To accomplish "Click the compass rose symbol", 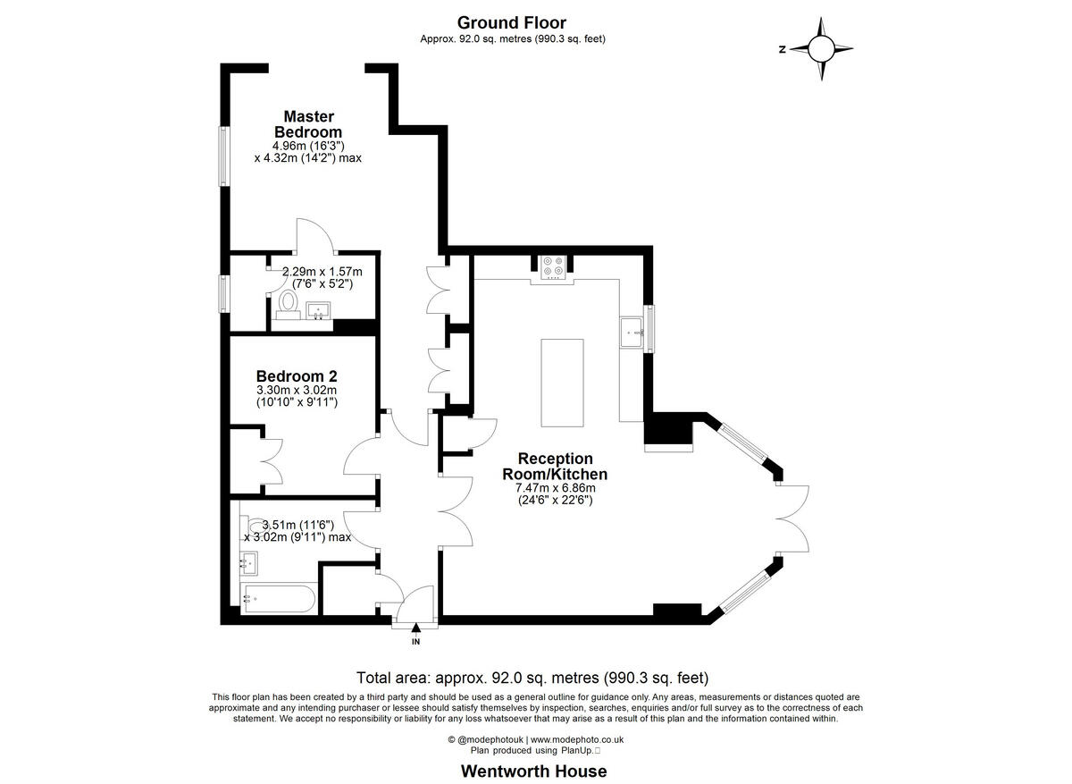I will (x=821, y=49).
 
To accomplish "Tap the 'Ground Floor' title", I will (x=511, y=22).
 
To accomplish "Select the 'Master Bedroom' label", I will (x=308, y=123).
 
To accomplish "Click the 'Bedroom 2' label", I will (x=296, y=376).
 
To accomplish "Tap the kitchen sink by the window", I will (x=632, y=333).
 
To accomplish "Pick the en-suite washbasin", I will (x=318, y=311).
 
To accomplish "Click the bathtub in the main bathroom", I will (x=278, y=599).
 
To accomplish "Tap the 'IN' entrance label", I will (x=415, y=642).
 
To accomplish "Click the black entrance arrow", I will (x=415, y=629).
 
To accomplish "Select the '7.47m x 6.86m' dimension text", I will (x=555, y=488).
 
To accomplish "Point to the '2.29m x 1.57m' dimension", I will (x=322, y=272).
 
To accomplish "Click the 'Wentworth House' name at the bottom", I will (x=533, y=771).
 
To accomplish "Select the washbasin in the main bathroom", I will (x=249, y=564).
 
